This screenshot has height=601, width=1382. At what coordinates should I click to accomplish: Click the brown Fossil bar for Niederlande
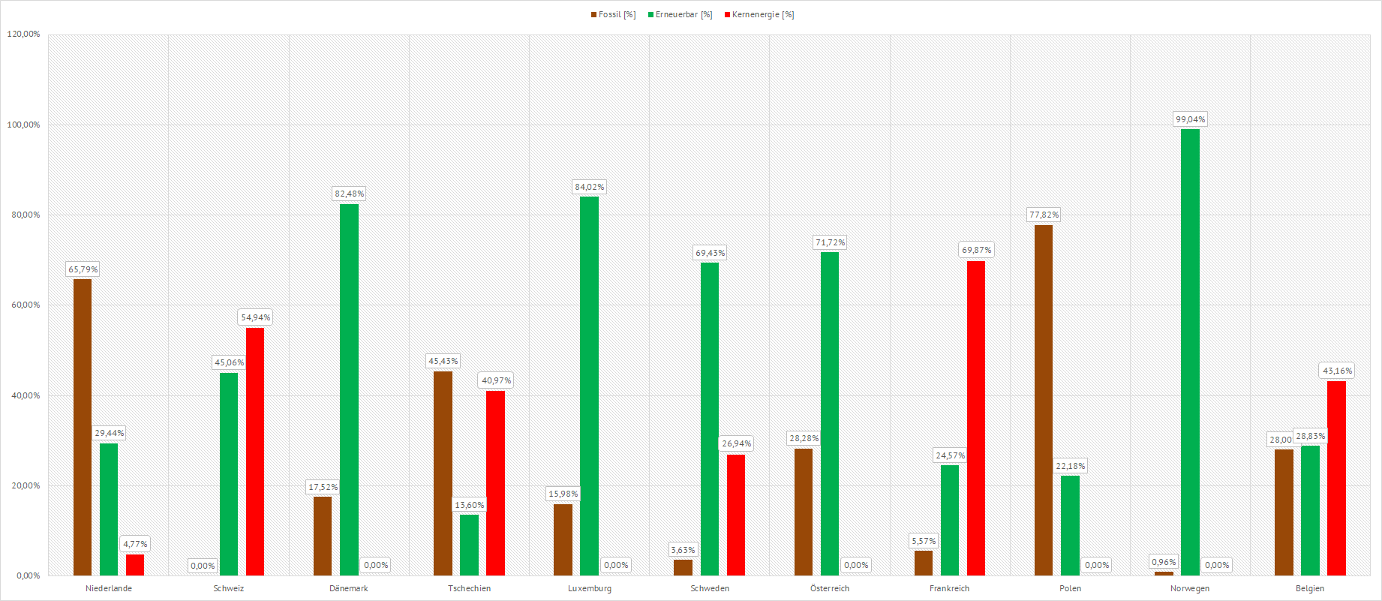tap(83, 427)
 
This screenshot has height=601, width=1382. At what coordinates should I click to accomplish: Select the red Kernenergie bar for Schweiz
tap(255, 451)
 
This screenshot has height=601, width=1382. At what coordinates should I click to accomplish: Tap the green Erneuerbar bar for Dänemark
tap(349, 389)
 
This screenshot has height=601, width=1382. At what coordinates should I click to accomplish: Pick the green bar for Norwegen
tap(1190, 352)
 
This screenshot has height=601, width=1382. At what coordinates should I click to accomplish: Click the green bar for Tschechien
tap(469, 545)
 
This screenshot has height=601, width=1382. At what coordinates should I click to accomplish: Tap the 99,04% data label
tap(1190, 119)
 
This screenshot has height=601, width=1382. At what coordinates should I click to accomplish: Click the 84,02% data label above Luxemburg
tap(589, 187)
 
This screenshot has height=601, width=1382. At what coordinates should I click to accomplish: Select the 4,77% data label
tap(135, 544)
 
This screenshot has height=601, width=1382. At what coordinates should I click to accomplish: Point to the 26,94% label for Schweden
tap(736, 443)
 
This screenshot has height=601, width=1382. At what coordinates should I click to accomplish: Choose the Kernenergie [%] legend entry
tap(762, 15)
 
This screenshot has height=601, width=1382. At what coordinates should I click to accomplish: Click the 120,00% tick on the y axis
tap(23, 35)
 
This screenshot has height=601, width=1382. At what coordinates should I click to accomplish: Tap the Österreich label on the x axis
tap(830, 588)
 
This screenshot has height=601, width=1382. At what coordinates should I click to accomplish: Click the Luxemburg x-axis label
tap(589, 588)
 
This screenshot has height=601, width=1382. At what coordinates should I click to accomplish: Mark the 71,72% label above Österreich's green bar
tap(830, 242)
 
